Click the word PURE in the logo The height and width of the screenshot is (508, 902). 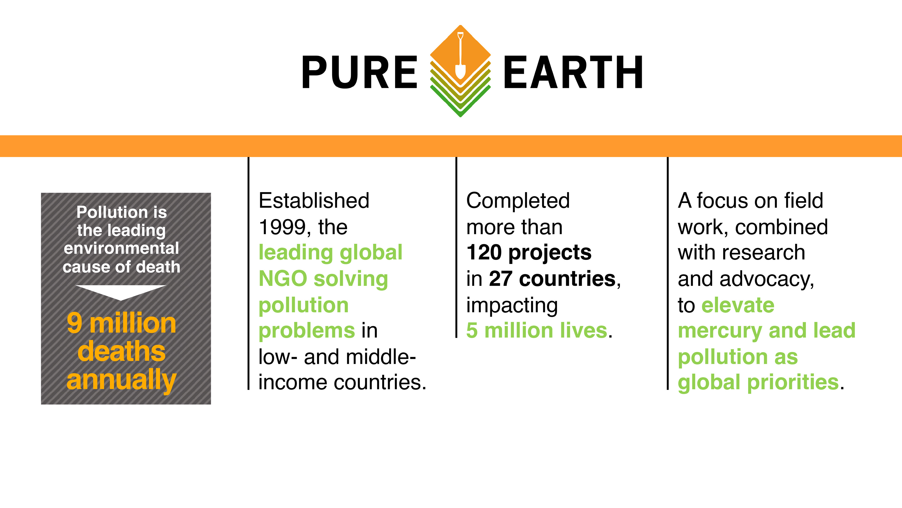pos(359,72)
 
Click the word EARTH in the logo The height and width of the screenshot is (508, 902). pos(573,72)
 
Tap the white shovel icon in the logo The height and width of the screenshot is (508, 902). pos(460,56)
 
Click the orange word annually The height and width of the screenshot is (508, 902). pos(121,380)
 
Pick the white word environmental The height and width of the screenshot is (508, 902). pos(121,248)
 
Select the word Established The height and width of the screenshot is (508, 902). pos(314,201)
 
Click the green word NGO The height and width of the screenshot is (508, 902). pos(283,279)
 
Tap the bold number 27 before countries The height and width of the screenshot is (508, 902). pos(501,279)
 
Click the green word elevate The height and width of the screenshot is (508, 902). pos(738,305)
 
